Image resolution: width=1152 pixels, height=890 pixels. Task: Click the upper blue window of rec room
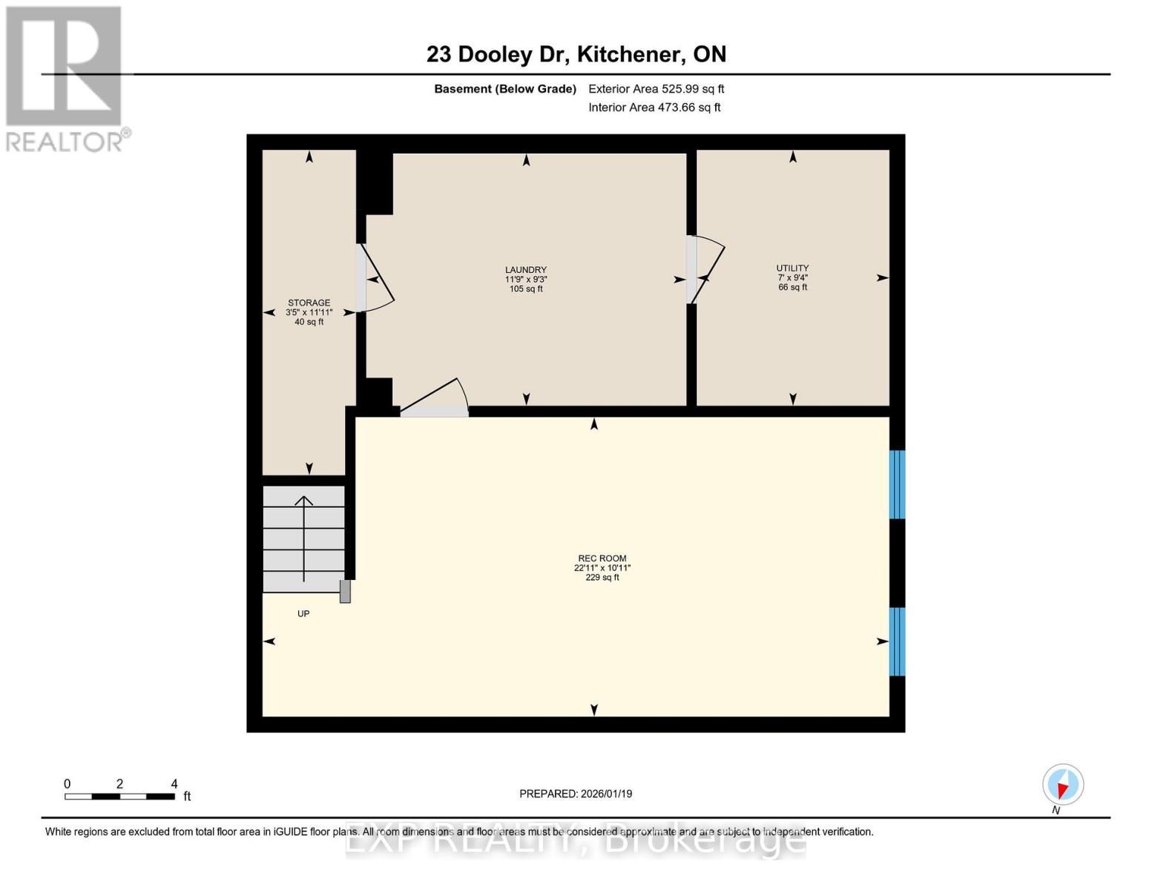897,484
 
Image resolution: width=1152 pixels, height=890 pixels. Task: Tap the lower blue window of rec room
897,642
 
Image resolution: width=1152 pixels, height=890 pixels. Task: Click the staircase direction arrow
303,538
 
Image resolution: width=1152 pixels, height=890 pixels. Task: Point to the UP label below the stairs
303,614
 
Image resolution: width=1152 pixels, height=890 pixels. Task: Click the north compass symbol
1062,785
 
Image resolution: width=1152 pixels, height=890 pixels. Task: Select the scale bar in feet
120,796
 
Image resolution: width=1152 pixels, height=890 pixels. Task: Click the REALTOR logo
65,78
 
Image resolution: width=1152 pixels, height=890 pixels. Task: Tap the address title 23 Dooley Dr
576,54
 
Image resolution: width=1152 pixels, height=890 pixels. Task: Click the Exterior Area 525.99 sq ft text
656,89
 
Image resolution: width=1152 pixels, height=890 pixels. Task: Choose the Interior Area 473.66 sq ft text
654,108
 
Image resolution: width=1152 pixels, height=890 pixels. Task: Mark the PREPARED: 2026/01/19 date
576,794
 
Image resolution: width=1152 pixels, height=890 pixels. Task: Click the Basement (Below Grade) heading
504,89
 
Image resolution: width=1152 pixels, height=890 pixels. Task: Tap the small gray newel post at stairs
345,591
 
